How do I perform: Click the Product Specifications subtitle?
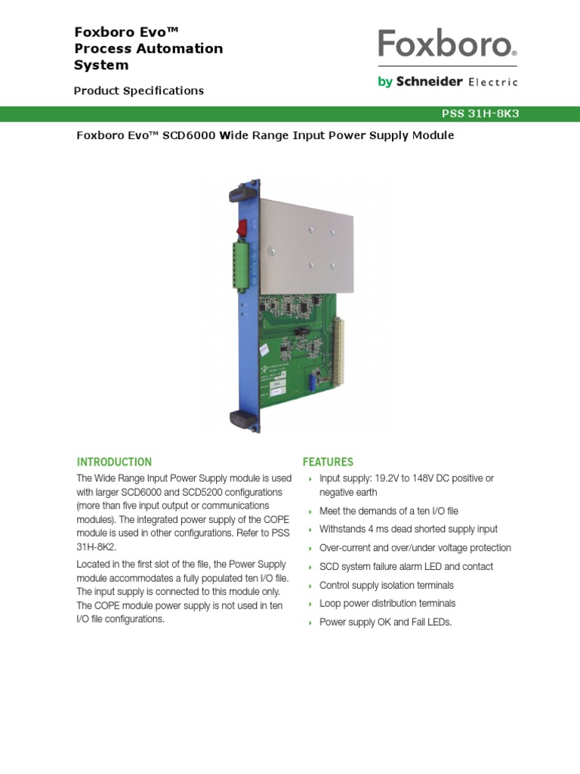pyautogui.click(x=138, y=91)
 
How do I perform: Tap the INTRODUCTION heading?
pyautogui.click(x=114, y=462)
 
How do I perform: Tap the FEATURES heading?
pyautogui.click(x=328, y=462)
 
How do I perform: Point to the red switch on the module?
pyautogui.click(x=242, y=227)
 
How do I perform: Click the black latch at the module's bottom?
pyautogui.click(x=239, y=420)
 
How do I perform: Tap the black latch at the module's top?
pyautogui.click(x=239, y=193)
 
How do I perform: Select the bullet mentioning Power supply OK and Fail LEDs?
pyautogui.click(x=385, y=622)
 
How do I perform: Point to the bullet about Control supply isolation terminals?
pyautogui.click(x=386, y=585)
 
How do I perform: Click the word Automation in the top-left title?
pyautogui.click(x=180, y=48)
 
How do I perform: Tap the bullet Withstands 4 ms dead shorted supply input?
pyautogui.click(x=409, y=529)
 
